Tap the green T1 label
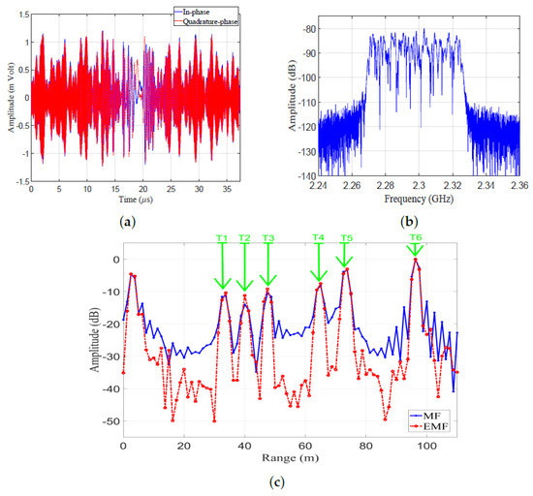222,237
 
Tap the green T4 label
319,237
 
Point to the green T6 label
416,237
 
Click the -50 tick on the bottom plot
106,422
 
